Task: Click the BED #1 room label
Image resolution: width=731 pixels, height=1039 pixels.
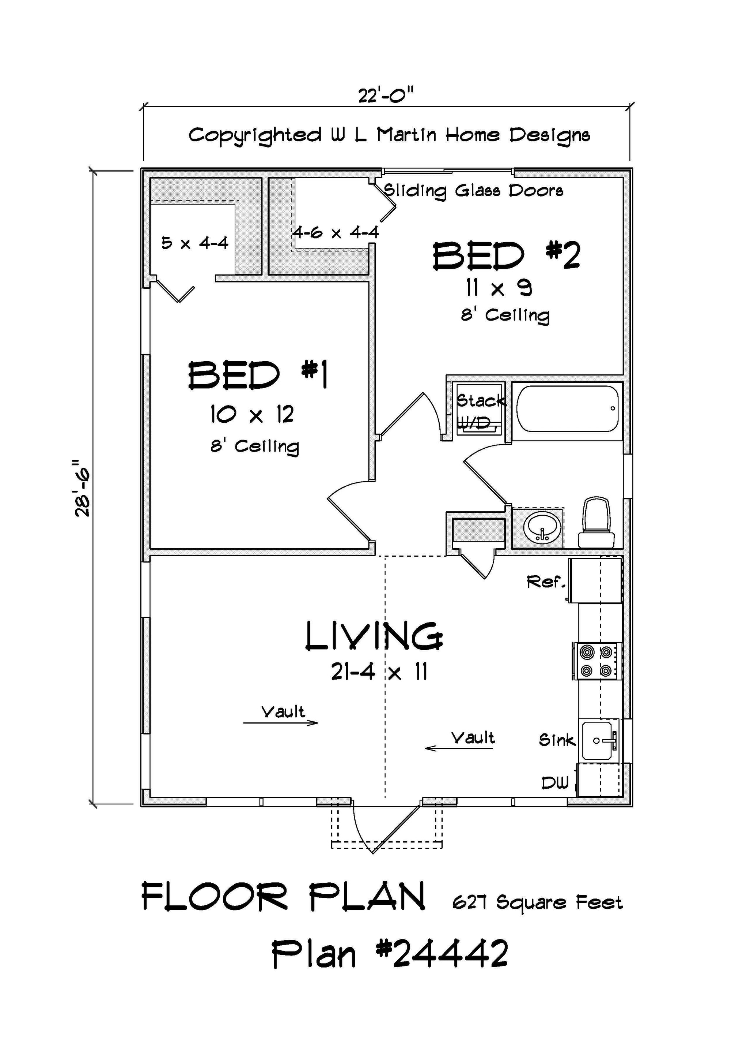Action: click(258, 375)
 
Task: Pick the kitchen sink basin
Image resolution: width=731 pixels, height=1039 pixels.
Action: click(598, 741)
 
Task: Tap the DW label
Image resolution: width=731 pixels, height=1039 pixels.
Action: click(555, 782)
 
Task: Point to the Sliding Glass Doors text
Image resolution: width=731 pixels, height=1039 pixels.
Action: click(473, 191)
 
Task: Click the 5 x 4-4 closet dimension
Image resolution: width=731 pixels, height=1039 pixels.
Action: click(195, 243)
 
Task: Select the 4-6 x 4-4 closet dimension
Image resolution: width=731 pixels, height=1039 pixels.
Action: click(336, 233)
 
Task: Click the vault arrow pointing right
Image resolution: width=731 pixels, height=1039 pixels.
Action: click(281, 723)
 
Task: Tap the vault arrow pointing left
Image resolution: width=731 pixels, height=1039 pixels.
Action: click(459, 748)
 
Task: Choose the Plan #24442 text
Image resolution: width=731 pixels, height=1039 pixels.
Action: click(390, 953)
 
